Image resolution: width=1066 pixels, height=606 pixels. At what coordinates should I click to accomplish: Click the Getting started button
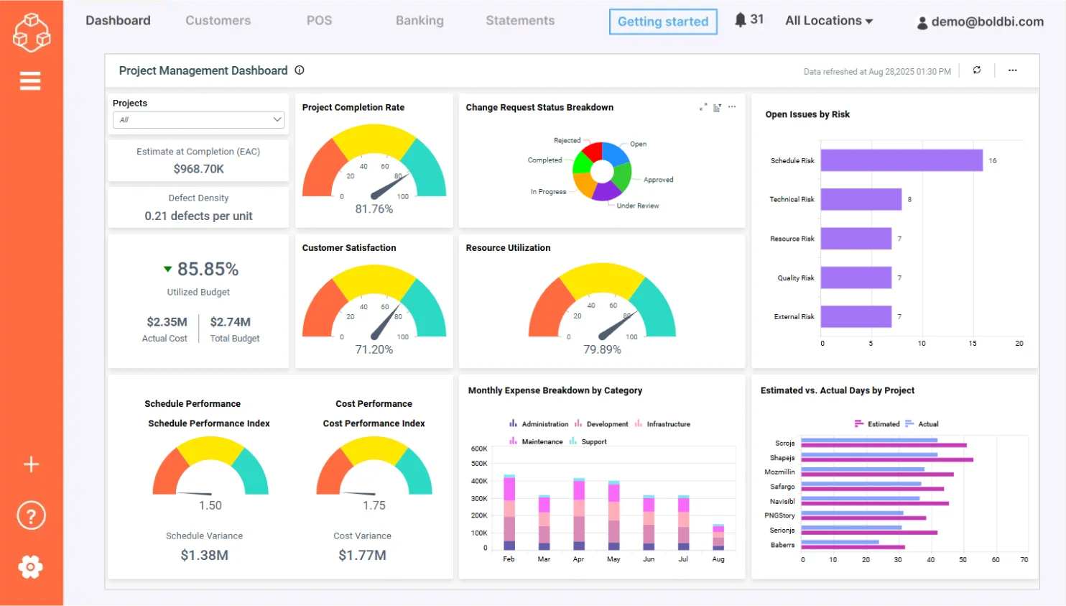point(662,22)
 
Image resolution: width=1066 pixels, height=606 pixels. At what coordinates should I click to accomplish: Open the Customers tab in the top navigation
point(218,21)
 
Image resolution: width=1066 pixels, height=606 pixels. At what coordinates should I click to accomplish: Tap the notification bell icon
point(741,20)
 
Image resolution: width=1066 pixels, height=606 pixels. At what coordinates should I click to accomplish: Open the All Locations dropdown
point(828,21)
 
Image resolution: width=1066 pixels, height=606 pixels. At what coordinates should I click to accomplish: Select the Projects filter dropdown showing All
point(198,120)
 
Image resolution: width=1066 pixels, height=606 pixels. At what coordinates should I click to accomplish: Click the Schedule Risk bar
point(901,160)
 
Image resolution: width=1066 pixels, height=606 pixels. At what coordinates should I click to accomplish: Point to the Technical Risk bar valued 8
point(861,199)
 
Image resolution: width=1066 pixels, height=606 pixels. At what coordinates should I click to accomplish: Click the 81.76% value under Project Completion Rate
point(374,209)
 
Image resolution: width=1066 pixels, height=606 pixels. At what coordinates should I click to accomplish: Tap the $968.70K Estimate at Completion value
point(198,169)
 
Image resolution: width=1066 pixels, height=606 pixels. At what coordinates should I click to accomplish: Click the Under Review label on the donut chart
point(637,206)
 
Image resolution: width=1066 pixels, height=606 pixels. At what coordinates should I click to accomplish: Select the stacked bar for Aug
point(718,537)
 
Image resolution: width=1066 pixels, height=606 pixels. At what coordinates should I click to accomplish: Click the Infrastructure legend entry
point(667,424)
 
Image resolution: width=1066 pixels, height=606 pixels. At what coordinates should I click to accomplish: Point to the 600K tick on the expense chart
point(479,449)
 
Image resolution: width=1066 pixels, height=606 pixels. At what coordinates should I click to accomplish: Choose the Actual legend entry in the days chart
point(927,424)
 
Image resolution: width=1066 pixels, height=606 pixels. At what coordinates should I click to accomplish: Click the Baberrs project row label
point(782,545)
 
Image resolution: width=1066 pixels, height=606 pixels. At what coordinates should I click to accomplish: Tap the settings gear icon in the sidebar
point(30,567)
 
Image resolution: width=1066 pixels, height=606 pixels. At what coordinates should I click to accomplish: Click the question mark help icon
point(31,515)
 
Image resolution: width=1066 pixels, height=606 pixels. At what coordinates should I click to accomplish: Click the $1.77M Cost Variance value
point(362,555)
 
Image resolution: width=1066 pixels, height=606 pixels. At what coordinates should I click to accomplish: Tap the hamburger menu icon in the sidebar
point(30,81)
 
